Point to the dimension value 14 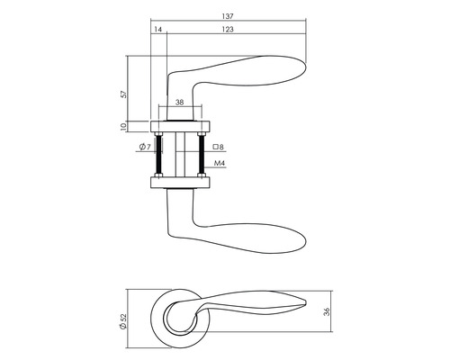(x=158, y=31)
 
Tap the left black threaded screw (x=158, y=154)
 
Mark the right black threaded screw (x=202, y=154)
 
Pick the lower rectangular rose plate (x=180, y=184)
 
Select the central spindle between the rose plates (x=180, y=154)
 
